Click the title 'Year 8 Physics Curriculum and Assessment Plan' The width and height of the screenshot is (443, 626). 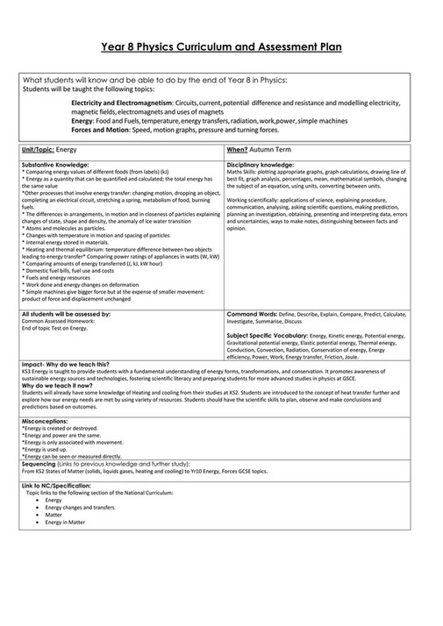click(221, 46)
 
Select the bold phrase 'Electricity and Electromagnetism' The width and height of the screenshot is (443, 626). click(122, 103)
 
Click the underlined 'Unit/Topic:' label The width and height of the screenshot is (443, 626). click(38, 150)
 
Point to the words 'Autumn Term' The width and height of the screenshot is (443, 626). click(273, 150)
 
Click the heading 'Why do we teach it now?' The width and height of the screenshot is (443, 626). click(54, 385)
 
